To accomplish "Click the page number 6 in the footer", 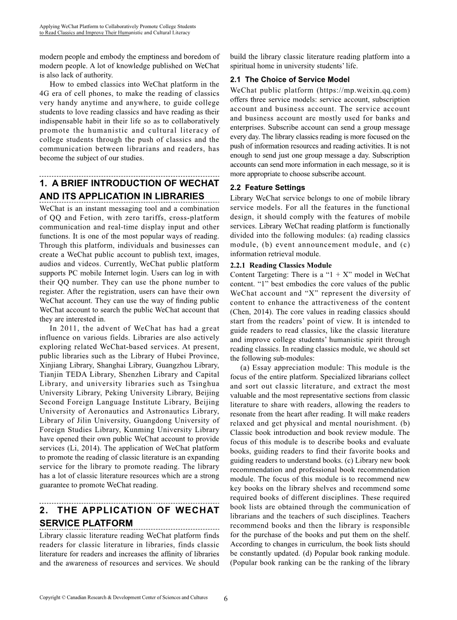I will (226, 598).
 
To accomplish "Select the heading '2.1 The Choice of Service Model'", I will (290, 79).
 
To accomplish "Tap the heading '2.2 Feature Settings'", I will (267, 188).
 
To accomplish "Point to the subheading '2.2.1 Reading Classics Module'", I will (281, 266).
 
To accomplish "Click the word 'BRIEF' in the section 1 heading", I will (75, 183).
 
